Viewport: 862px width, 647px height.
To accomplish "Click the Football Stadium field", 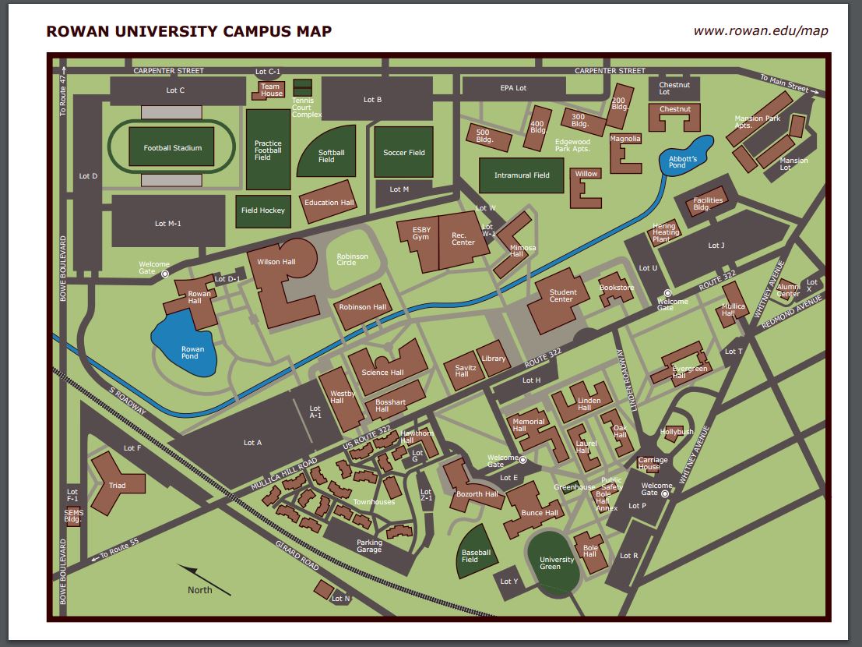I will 172,147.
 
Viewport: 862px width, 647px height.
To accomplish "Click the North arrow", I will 204,578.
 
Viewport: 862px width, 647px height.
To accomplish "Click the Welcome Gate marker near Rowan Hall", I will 165,274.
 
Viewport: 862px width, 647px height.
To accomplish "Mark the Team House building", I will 271,90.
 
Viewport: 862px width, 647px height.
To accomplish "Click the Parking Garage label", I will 369,546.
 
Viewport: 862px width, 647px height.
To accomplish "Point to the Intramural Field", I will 522,175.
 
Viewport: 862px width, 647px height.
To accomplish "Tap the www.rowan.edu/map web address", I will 760,31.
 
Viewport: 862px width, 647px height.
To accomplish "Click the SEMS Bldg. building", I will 74,515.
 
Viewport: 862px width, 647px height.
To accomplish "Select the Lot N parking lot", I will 340,598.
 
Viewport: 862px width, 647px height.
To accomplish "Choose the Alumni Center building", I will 787,290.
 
